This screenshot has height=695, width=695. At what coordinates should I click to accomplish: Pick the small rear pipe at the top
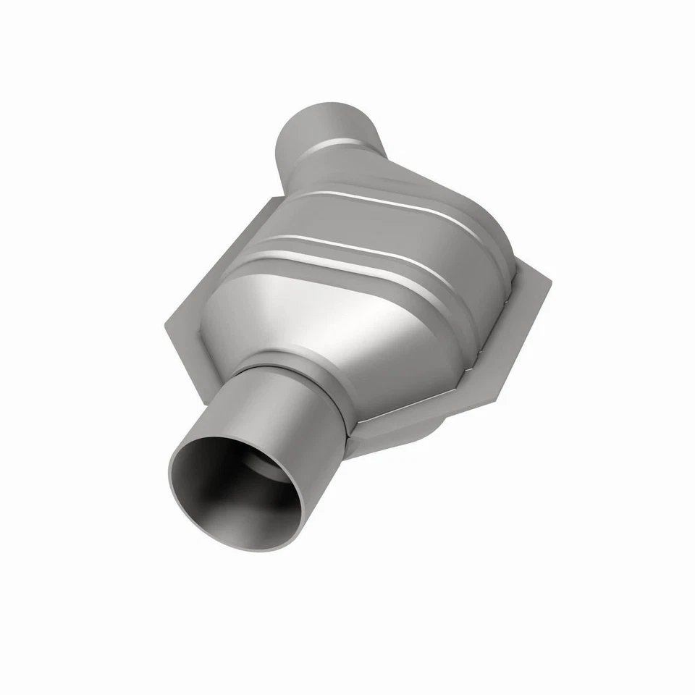319,130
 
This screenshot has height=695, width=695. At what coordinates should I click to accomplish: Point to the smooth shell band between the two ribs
362,224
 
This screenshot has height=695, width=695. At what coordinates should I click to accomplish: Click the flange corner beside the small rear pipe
274,199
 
